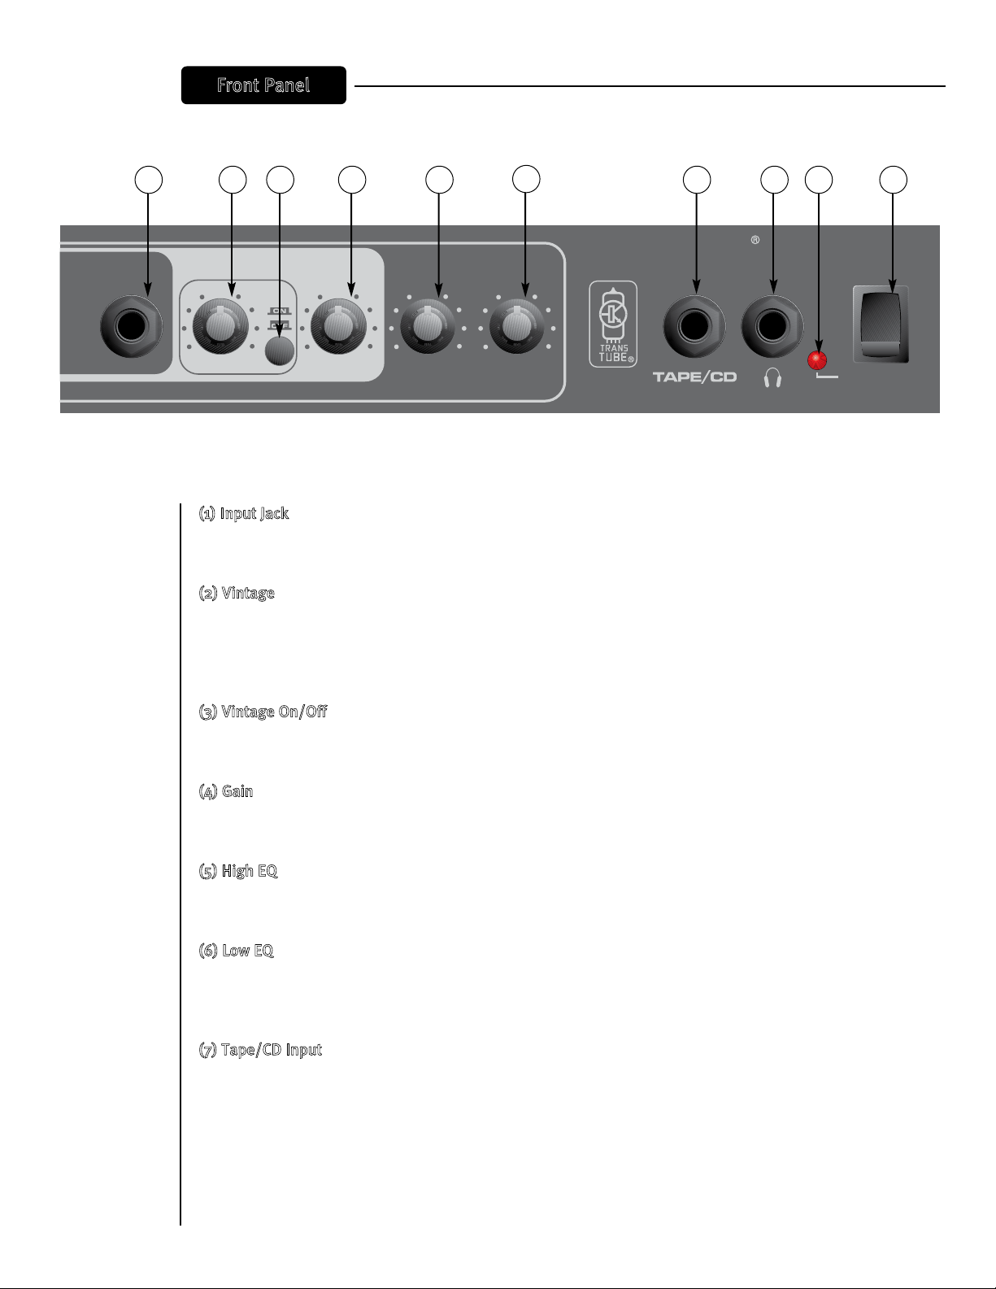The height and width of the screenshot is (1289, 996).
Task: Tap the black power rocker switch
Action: tap(881, 324)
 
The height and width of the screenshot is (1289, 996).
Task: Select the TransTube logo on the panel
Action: tap(613, 324)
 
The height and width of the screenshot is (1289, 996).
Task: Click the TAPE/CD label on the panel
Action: tap(694, 378)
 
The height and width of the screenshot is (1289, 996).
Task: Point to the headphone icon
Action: tap(772, 379)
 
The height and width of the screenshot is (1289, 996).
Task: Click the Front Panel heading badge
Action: tap(263, 85)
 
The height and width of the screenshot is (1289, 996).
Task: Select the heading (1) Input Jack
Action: tap(244, 514)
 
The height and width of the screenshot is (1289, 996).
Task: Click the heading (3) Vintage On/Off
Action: tap(263, 712)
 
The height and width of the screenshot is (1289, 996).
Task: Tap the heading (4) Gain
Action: tap(227, 791)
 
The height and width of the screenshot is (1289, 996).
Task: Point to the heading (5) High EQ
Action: tap(239, 872)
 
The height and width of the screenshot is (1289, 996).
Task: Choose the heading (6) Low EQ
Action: tap(237, 952)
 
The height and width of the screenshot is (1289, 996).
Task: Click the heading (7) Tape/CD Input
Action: tap(261, 1051)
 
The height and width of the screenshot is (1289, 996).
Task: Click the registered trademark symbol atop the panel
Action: tap(755, 241)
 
